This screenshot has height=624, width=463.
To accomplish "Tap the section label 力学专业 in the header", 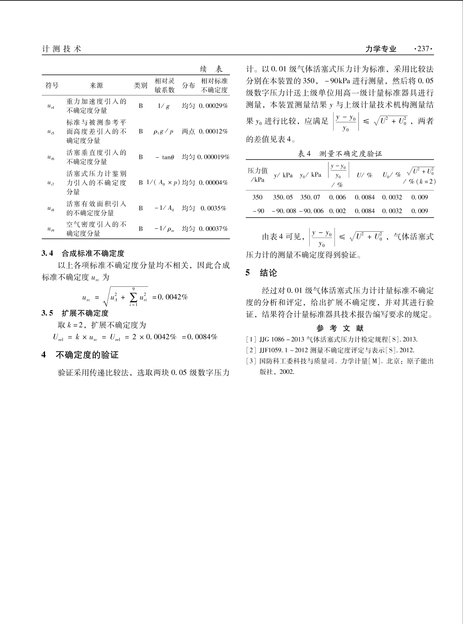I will tap(381, 49).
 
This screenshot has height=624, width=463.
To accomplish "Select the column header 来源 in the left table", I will tap(96, 85).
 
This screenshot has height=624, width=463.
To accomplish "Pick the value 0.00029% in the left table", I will tap(213, 106).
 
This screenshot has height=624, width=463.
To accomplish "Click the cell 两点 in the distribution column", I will tap(188, 132).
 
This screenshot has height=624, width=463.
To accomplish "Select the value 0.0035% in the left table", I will tap(213, 208).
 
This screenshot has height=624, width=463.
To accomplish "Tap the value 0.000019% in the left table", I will tap(213, 157).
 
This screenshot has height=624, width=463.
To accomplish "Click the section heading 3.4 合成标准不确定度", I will tap(83, 254).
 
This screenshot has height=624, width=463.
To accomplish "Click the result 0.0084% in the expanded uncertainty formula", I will tap(203, 337).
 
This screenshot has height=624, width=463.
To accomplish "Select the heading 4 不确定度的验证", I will tap(80, 355).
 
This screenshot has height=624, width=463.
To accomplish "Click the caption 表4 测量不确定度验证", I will tap(340, 154).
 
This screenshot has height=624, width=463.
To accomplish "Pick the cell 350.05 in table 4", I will tap(283, 197).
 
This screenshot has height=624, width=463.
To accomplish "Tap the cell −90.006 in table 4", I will tap(311, 211).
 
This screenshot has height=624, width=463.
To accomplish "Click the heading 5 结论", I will tap(262, 273).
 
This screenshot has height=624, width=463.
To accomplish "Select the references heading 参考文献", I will tap(339, 328).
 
